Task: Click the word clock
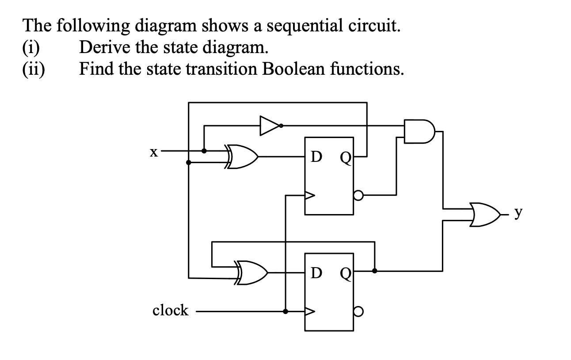(170, 310)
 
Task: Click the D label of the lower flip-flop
(316, 273)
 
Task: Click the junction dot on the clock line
(285, 311)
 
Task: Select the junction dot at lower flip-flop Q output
(375, 271)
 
